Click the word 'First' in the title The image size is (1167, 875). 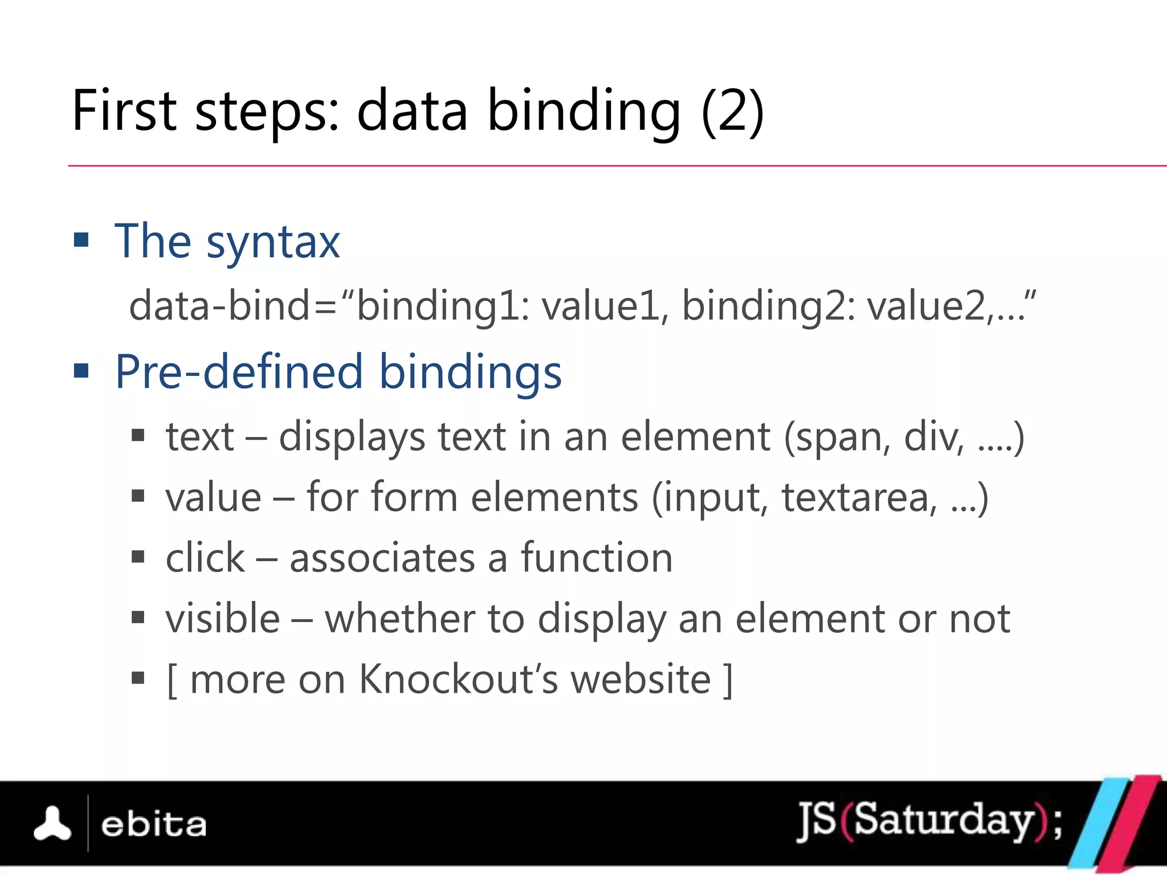[x=124, y=111]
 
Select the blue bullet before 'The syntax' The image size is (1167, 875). [x=81, y=240]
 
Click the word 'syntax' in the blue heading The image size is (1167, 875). [x=273, y=243]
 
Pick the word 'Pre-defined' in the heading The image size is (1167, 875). [x=239, y=371]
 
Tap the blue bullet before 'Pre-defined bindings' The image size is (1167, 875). [x=81, y=371]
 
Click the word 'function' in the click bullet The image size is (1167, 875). [x=597, y=558]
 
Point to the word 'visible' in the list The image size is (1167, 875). [x=223, y=619]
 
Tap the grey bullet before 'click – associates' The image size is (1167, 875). [x=138, y=557]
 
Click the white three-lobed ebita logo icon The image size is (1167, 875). [x=52, y=824]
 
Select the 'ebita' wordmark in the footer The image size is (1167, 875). [x=153, y=825]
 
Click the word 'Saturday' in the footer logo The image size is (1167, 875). [x=944, y=820]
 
